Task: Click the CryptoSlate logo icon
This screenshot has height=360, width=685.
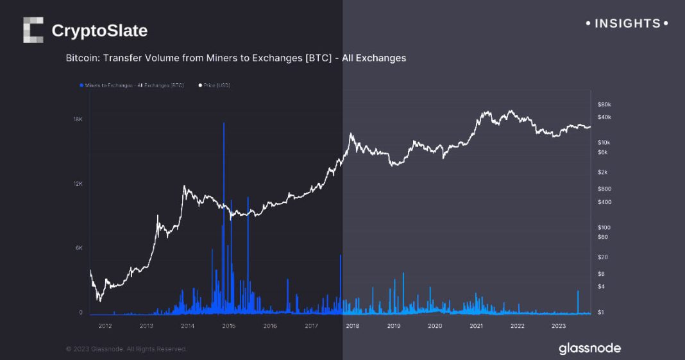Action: pyautogui.click(x=33, y=30)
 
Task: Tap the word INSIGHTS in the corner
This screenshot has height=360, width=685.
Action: pyautogui.click(x=627, y=24)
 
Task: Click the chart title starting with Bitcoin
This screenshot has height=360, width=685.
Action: pyautogui.click(x=235, y=58)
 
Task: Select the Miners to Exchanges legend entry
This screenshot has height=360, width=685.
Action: pyautogui.click(x=131, y=85)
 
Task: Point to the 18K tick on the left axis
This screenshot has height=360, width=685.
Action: pyautogui.click(x=78, y=119)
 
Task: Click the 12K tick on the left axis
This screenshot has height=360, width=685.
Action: pyautogui.click(x=78, y=184)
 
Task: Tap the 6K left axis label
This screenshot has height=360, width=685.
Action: pyautogui.click(x=79, y=248)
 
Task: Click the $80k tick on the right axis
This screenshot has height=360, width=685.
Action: pyautogui.click(x=604, y=104)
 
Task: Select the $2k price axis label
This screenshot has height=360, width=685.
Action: pyautogui.click(x=602, y=172)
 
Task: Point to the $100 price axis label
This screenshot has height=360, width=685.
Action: pyautogui.click(x=604, y=228)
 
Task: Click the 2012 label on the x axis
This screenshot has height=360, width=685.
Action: pyautogui.click(x=105, y=326)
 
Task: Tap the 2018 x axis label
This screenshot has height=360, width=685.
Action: pyautogui.click(x=352, y=326)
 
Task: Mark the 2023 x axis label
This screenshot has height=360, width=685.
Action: pyautogui.click(x=558, y=326)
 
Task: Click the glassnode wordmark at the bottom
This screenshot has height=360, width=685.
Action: pyautogui.click(x=589, y=348)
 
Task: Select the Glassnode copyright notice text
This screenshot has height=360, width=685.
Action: pyautogui.click(x=126, y=348)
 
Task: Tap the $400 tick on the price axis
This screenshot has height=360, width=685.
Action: pyautogui.click(x=604, y=202)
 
